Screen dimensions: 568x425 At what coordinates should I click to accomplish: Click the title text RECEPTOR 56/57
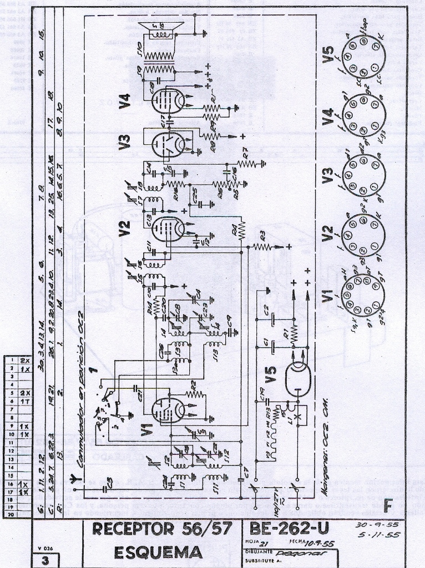point(163,530)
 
